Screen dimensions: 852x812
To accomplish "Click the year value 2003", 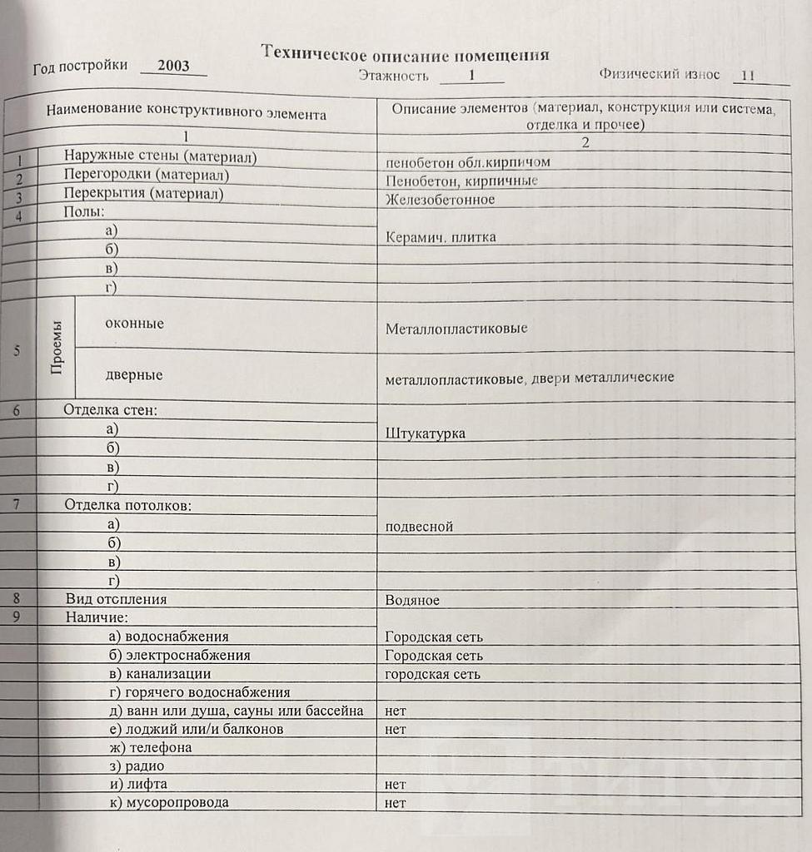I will coord(173,67).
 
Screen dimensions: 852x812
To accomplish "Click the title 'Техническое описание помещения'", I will coord(406,54).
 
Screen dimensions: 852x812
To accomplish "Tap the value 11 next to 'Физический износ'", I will coord(747,75).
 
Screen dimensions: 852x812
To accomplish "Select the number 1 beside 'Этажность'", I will coord(471,75).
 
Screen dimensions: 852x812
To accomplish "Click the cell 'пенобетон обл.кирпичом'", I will coord(467,162).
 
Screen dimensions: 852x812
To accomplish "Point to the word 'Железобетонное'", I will coord(440,200).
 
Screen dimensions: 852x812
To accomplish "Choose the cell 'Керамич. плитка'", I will coord(441,237).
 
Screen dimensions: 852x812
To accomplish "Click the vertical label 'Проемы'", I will coord(57,350).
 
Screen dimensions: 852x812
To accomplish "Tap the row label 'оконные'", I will coord(134,324).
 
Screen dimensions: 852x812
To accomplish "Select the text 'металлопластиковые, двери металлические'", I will coord(529,378).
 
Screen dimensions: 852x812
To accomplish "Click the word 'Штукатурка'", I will coord(425,433).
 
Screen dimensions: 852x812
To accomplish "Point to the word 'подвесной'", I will coord(419,527).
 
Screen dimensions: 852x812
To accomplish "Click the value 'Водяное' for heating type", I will coord(412,600).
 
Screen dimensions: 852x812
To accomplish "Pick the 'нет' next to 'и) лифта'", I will coord(396,785).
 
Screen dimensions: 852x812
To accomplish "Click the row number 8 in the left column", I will coord(17,598).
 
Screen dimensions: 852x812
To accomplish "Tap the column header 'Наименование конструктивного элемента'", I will coord(187,111).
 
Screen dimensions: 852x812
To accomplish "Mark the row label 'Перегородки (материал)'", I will coord(147,176).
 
